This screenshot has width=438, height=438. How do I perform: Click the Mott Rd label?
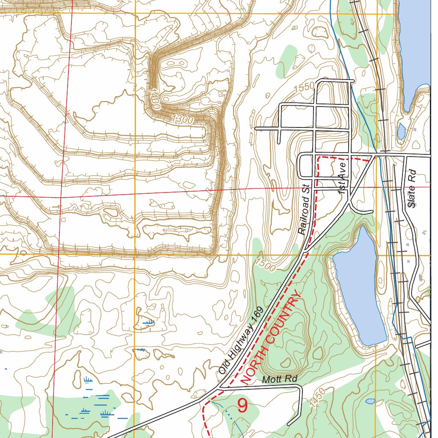(x=279, y=379)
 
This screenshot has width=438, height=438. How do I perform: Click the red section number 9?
(x=242, y=405)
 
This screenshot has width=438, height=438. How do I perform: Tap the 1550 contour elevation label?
(x=305, y=88)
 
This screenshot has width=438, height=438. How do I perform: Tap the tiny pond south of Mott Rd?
(x=370, y=401)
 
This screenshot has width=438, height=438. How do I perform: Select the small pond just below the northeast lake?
(x=401, y=131)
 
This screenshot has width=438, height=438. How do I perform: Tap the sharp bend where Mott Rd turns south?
(x=301, y=388)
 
